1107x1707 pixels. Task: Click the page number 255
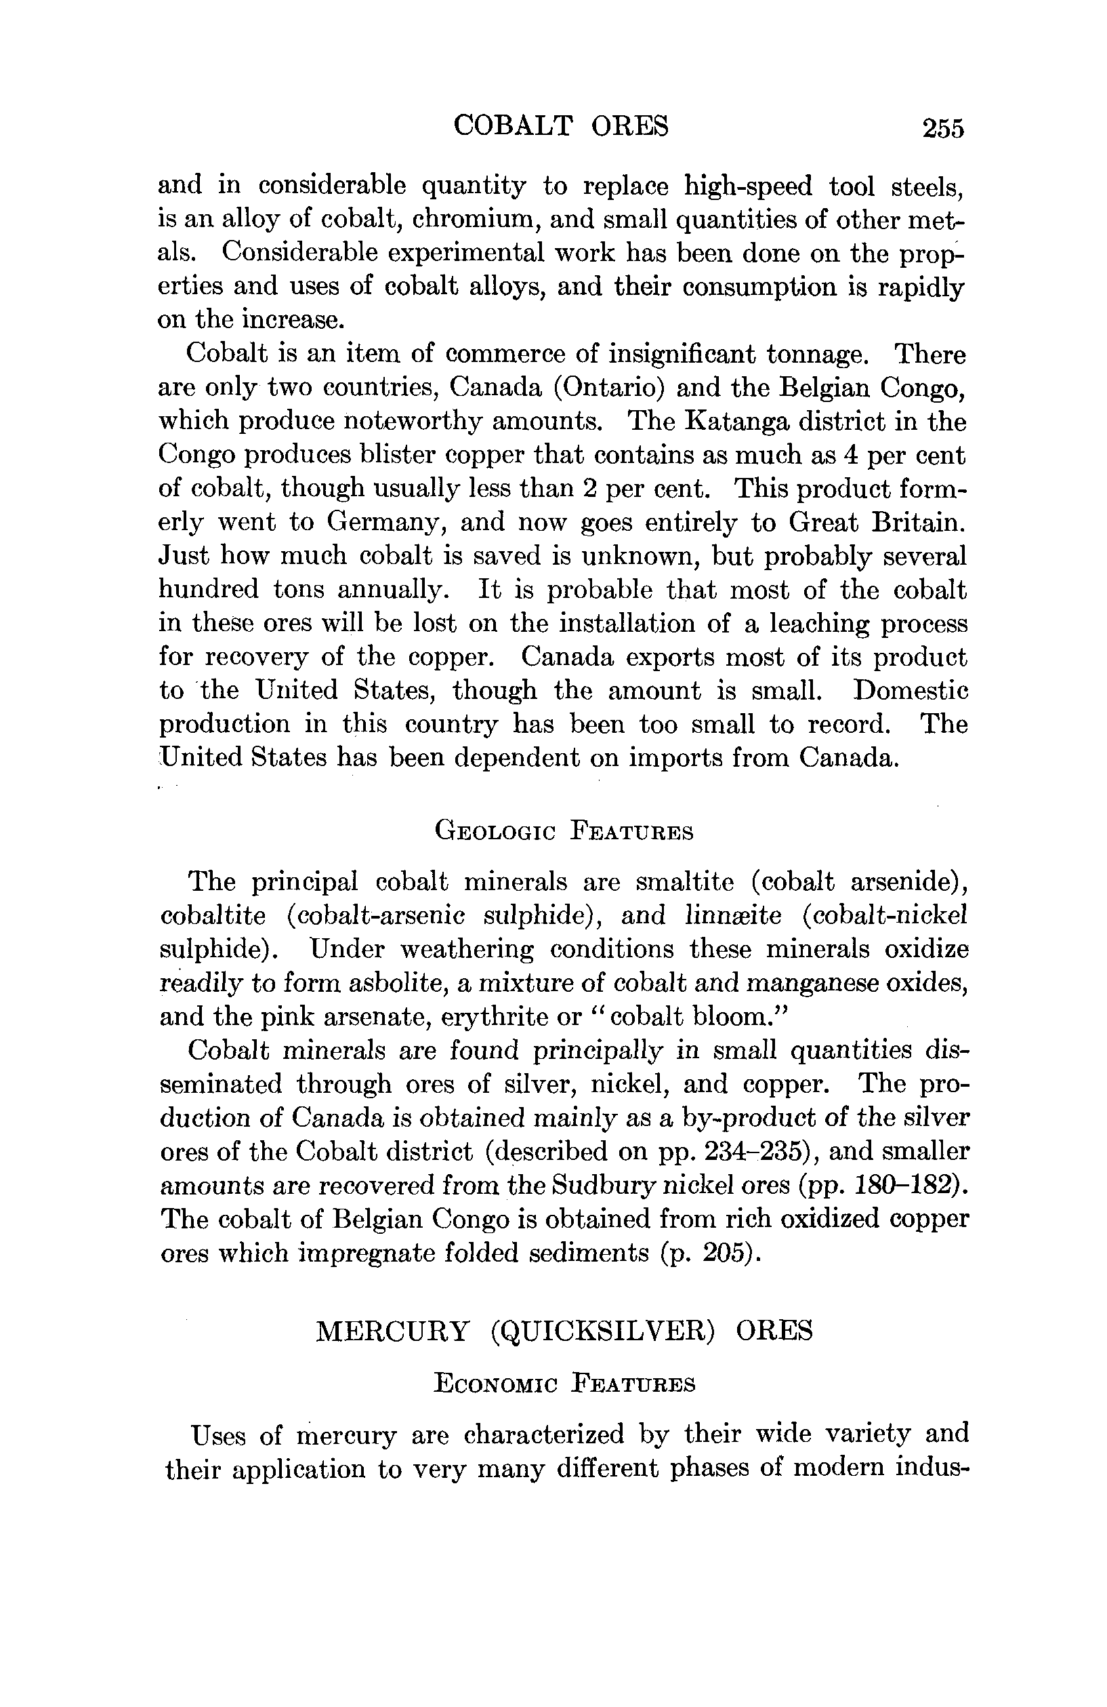[943, 128]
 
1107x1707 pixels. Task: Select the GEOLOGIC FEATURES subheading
[564, 831]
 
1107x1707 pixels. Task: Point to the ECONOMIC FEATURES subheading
[564, 1384]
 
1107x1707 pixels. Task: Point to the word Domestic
[910, 690]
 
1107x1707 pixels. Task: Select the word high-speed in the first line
[749, 186]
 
